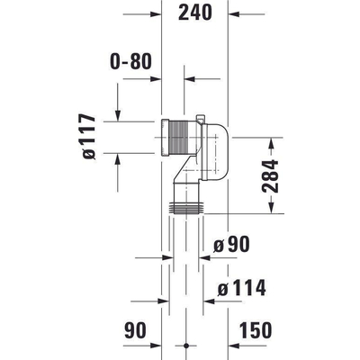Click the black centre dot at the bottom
[x=185, y=346]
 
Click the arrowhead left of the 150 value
[x=236, y=346]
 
